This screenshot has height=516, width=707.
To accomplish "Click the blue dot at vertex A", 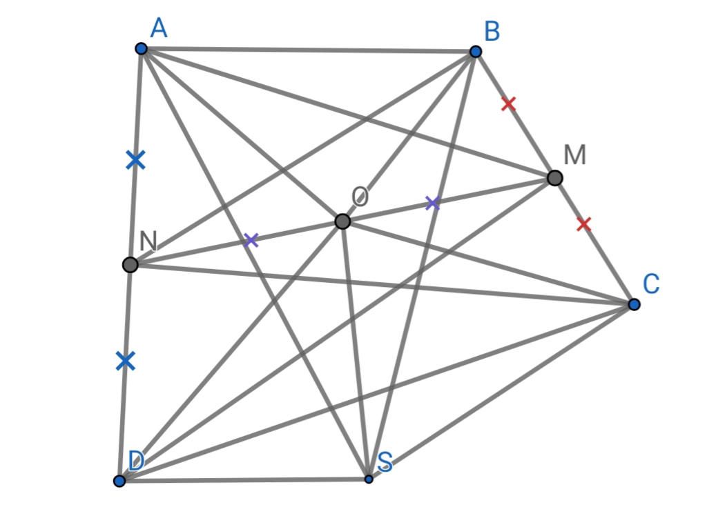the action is coord(141,49).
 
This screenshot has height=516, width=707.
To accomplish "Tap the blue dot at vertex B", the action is coord(475,52).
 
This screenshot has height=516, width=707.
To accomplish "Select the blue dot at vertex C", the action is coord(634,305).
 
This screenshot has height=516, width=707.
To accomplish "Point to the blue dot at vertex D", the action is coord(119,481).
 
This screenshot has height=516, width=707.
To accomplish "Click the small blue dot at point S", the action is coord(369,479).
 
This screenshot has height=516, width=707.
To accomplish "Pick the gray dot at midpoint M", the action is coord(555,178).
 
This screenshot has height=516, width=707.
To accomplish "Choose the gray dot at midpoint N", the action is coord(130,264).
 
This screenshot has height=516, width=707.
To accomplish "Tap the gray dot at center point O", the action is coord(342,221).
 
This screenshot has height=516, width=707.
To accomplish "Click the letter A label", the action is coord(159,28).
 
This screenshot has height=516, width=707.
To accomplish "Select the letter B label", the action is coord(492,32).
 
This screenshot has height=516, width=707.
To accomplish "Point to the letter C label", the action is coord(651,284).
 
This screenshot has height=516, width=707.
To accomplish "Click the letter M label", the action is coord(575,155).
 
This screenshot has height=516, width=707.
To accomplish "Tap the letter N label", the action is coord(148,241).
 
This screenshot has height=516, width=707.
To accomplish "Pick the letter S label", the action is coord(385,462).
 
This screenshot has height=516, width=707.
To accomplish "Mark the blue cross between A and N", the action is coord(136,160).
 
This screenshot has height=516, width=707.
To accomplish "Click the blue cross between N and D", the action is coord(126,361).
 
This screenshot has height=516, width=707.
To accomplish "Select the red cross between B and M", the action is coord(509,104).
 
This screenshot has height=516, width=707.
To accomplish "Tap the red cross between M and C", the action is coord(584,224).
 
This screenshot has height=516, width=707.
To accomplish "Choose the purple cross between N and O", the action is coord(251,240).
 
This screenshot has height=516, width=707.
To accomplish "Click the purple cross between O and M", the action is coord(432,203).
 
